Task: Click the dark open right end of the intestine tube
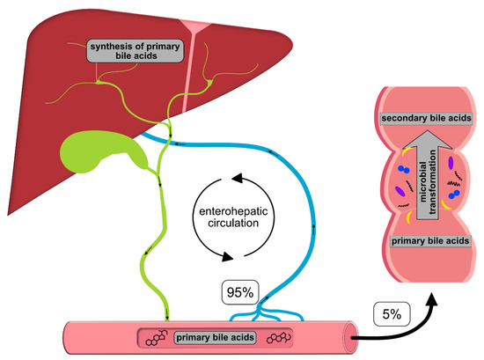(352, 335)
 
